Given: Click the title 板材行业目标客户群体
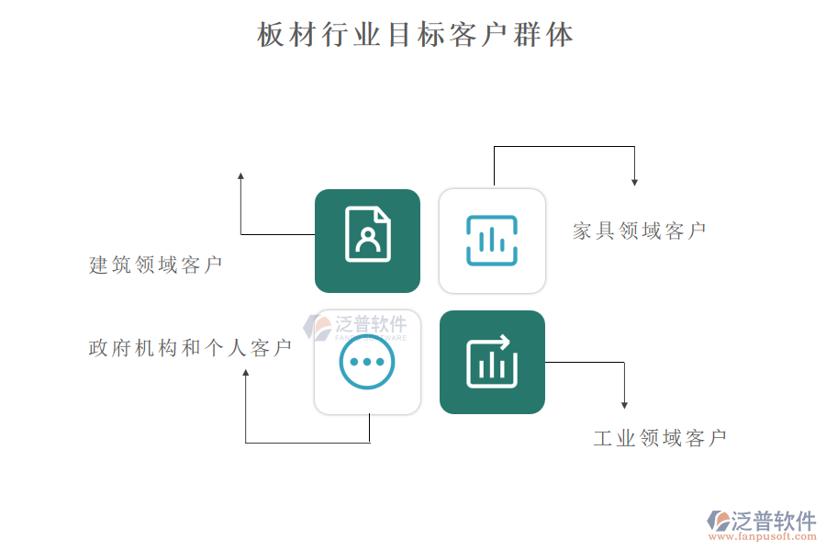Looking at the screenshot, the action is pyautogui.click(x=415, y=35).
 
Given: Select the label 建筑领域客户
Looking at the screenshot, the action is pyautogui.click(x=155, y=264).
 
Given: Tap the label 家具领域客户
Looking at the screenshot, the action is pyautogui.click(x=640, y=231).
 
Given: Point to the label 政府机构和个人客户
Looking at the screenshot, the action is pyautogui.click(x=190, y=348).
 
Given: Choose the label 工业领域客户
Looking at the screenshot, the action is pyautogui.click(x=660, y=438).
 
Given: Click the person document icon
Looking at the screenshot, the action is pyautogui.click(x=368, y=234).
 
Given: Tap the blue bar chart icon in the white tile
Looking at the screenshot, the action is pyautogui.click(x=492, y=241).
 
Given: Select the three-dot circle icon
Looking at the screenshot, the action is pyautogui.click(x=366, y=362).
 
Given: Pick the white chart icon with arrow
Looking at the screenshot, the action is pyautogui.click(x=492, y=362).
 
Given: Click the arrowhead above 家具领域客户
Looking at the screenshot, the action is pyautogui.click(x=635, y=183).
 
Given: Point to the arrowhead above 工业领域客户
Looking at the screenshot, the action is pyautogui.click(x=624, y=405).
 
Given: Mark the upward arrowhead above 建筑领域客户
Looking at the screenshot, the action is pyautogui.click(x=240, y=176).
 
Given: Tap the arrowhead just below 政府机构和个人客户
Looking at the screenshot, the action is pyautogui.click(x=245, y=373).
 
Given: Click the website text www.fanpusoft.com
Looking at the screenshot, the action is pyautogui.click(x=763, y=536).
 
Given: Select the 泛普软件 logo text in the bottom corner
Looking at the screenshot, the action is pyautogui.click(x=774, y=521).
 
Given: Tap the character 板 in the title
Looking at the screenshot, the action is pyautogui.click(x=270, y=35).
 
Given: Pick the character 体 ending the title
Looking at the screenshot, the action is pyautogui.click(x=560, y=35).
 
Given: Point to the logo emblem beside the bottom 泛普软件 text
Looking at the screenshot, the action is pyautogui.click(x=719, y=521).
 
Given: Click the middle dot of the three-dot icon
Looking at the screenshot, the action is pyautogui.click(x=367, y=362).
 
